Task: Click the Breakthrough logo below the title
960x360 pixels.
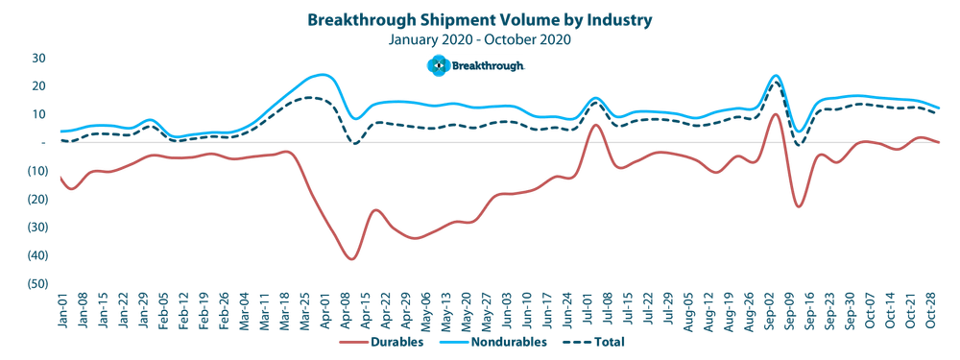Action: point(476,65)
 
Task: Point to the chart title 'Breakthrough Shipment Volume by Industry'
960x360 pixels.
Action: point(480,19)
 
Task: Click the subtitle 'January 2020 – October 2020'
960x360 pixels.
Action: point(480,39)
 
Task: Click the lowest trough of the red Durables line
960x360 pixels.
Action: point(351,260)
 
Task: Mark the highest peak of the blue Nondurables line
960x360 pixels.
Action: point(320,73)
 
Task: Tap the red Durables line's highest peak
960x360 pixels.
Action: point(775,112)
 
